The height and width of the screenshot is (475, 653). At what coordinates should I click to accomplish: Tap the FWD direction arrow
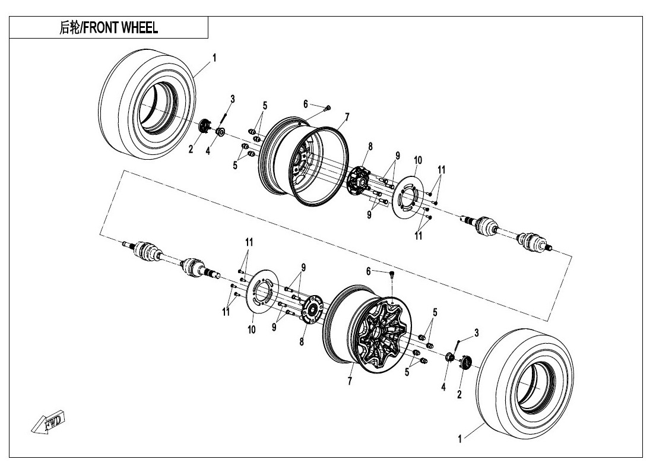click(x=49, y=423)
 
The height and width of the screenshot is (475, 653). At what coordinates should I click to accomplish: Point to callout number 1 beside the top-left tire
click(x=214, y=58)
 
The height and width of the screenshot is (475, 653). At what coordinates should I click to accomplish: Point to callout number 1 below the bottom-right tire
click(x=459, y=439)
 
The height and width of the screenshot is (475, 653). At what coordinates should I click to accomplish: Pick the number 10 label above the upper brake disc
click(x=417, y=160)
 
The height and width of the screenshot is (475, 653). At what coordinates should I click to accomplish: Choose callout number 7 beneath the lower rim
click(x=350, y=381)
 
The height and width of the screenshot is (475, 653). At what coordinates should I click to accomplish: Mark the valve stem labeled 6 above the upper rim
click(x=327, y=107)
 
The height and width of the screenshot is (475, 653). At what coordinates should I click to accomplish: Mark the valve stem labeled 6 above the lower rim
click(x=392, y=274)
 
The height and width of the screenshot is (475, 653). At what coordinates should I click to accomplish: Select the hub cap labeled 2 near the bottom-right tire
click(x=465, y=362)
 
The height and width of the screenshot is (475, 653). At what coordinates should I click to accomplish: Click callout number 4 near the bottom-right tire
click(x=443, y=387)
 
